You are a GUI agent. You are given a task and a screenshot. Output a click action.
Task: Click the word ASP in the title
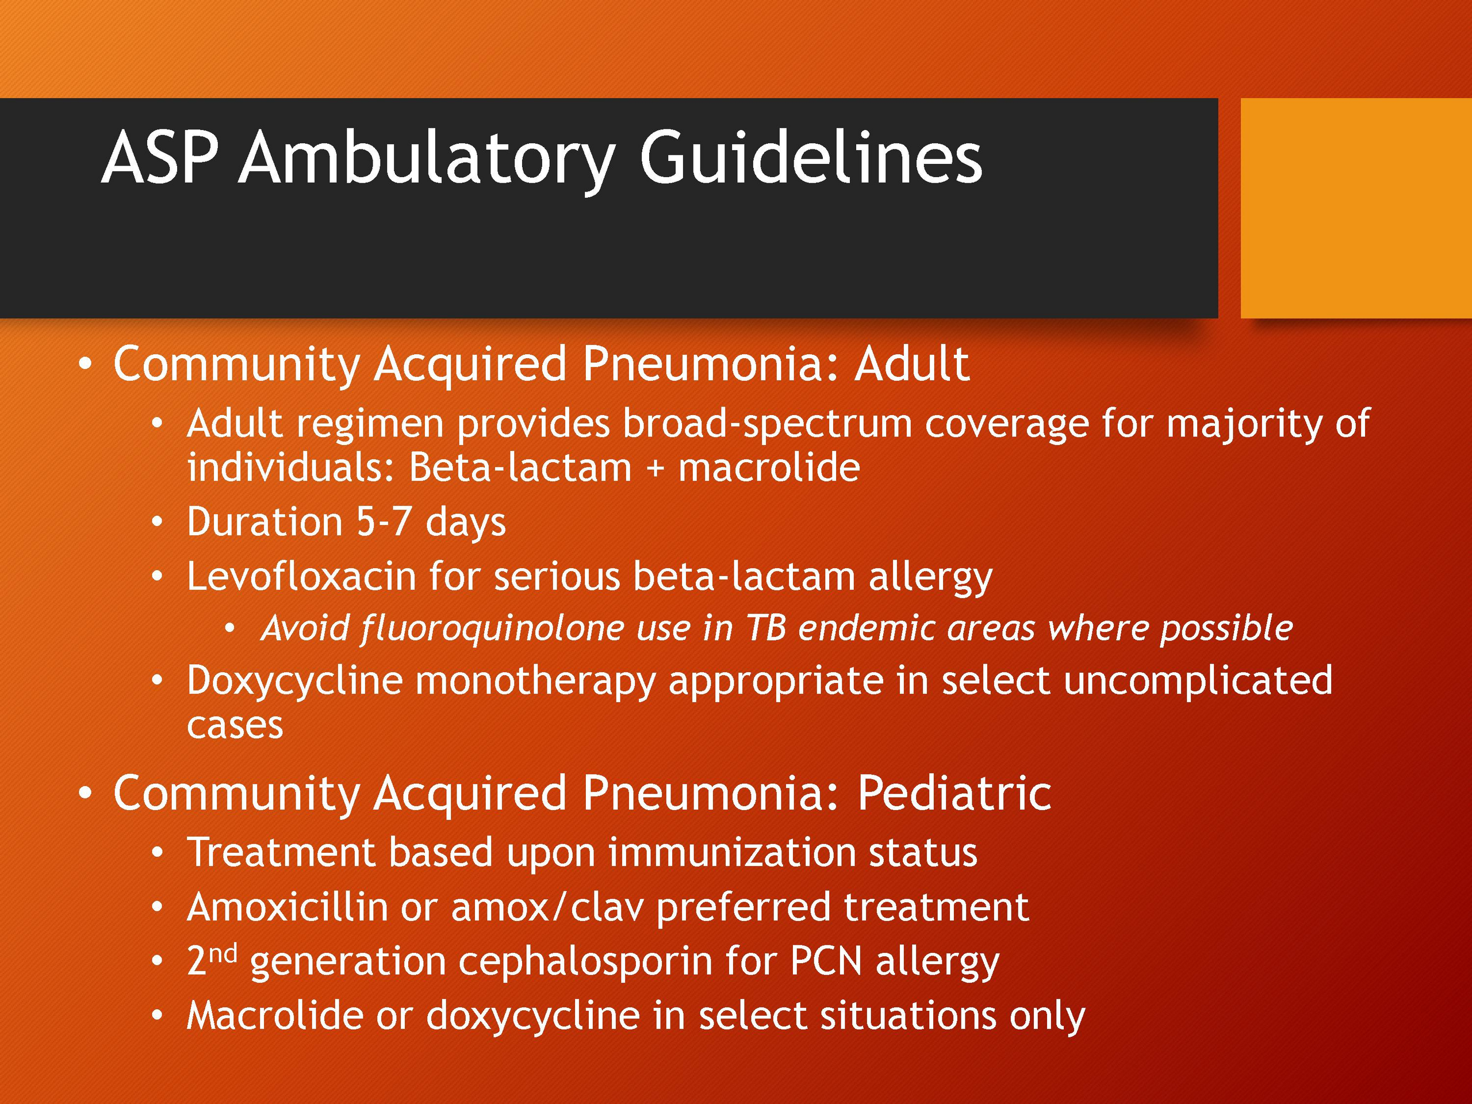160,158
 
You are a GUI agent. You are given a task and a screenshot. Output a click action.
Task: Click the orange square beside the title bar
1356,208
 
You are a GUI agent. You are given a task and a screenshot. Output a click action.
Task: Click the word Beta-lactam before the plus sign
520,467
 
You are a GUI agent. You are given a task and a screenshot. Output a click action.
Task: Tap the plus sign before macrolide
655,469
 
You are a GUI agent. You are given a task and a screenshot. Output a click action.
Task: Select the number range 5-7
384,521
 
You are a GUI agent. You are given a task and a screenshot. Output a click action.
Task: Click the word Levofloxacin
301,576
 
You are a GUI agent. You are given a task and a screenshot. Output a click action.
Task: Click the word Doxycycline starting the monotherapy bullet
295,681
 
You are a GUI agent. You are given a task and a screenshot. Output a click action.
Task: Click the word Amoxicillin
287,906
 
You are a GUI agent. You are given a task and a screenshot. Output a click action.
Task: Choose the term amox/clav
547,906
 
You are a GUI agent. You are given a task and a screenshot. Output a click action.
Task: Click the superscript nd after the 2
223,955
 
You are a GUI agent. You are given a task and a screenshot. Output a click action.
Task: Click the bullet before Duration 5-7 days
156,522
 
